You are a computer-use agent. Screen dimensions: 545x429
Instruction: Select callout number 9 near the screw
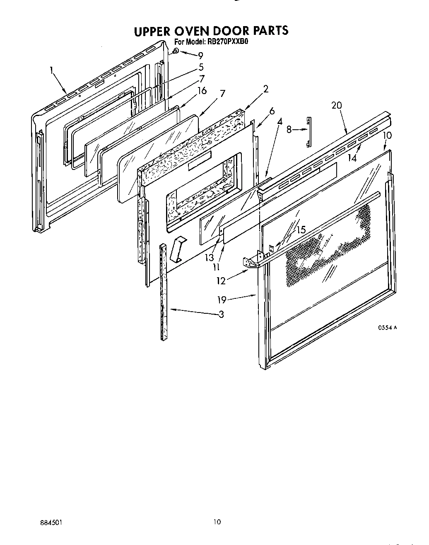tap(200, 55)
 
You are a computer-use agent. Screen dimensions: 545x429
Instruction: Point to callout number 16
tap(202, 91)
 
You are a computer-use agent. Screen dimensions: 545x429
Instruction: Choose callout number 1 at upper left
tap(52, 70)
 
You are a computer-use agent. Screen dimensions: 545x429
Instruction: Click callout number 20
tap(336, 105)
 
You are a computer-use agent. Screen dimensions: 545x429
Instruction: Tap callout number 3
tap(221, 314)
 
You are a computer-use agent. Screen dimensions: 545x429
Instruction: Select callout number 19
tap(221, 298)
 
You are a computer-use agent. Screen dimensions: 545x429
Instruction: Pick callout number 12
tap(221, 281)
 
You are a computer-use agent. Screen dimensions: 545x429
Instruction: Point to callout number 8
tap(290, 130)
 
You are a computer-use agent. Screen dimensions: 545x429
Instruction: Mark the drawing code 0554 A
tap(387, 327)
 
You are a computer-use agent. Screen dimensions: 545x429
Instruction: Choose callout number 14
tap(352, 157)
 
